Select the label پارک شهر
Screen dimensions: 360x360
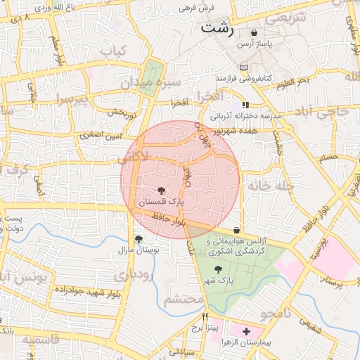pyautogui.click(x=220, y=281)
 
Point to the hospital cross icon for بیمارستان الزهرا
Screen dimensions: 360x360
pyautogui.click(x=246, y=330)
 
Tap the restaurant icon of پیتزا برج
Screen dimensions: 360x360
pyautogui.click(x=205, y=316)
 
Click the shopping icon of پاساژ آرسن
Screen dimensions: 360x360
pyautogui.click(x=254, y=32)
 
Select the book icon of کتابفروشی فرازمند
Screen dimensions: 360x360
pyautogui.click(x=243, y=67)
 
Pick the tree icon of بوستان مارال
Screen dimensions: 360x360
pyautogui.click(x=139, y=238)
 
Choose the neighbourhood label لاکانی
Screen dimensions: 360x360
pyautogui.click(x=134, y=158)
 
